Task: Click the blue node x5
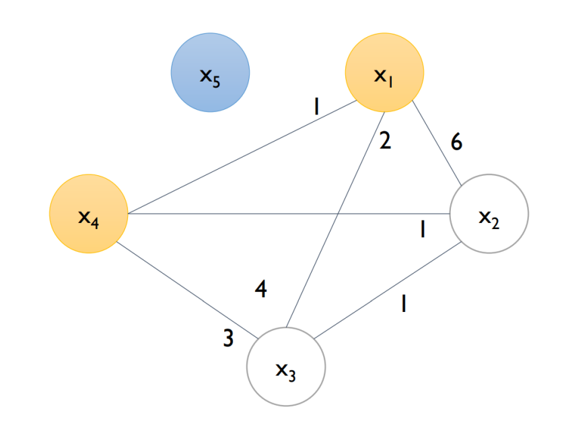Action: point(210,73)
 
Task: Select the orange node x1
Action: point(384,73)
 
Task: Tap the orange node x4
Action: point(89,214)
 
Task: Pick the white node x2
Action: point(489,214)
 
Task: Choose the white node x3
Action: point(286,367)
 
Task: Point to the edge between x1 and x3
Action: point(337,216)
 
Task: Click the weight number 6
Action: point(457,142)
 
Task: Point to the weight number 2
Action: point(385,142)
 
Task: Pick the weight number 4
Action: point(261,290)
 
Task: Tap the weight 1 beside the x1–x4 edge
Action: point(315,106)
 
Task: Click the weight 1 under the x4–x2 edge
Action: point(422,230)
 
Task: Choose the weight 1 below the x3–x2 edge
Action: point(402,305)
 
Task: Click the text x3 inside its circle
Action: point(286,370)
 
